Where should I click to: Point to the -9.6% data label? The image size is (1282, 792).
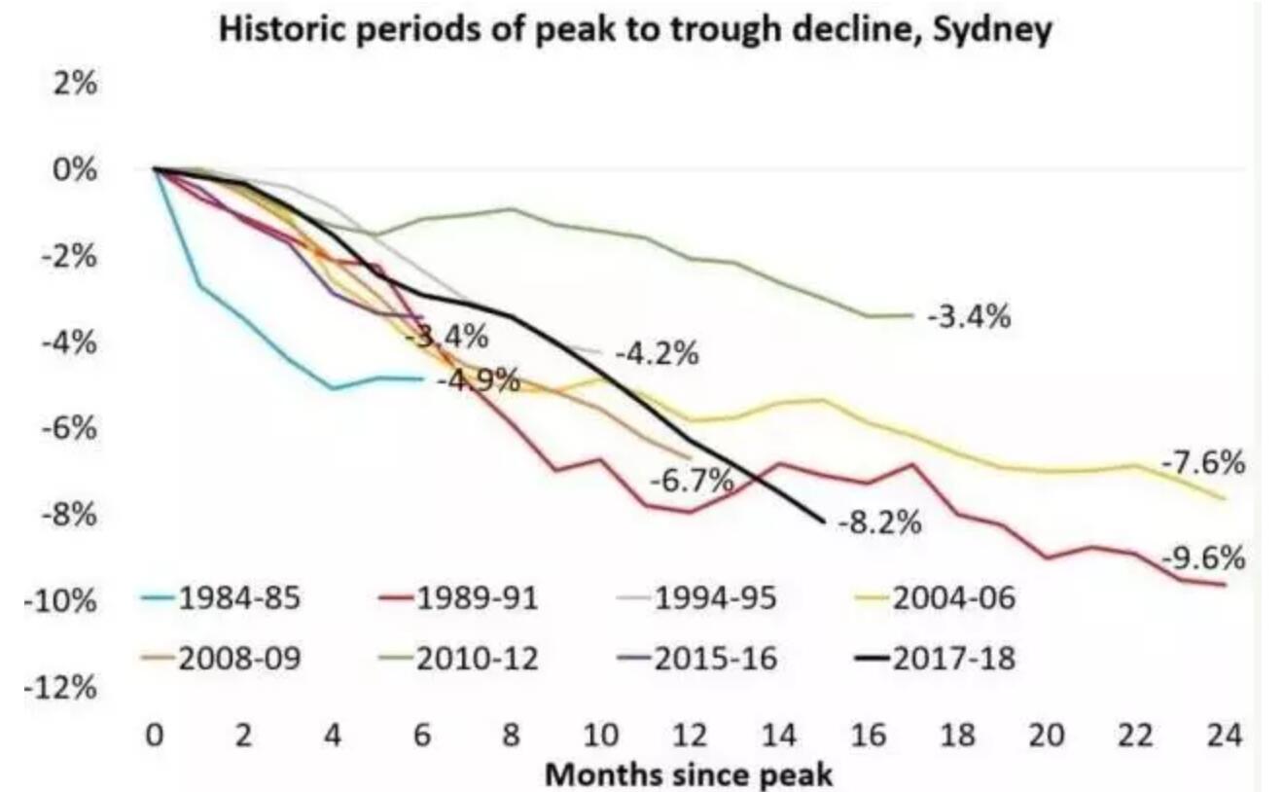click(x=1203, y=559)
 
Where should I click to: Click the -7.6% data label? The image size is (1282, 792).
click(x=1203, y=464)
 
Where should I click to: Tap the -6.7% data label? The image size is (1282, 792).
click(x=691, y=480)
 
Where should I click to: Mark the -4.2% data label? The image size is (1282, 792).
click(x=658, y=354)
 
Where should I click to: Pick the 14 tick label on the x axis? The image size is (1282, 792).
click(x=780, y=737)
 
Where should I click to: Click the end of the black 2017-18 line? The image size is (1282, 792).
click(x=824, y=522)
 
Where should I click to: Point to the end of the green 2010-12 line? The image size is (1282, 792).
click(x=912, y=314)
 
